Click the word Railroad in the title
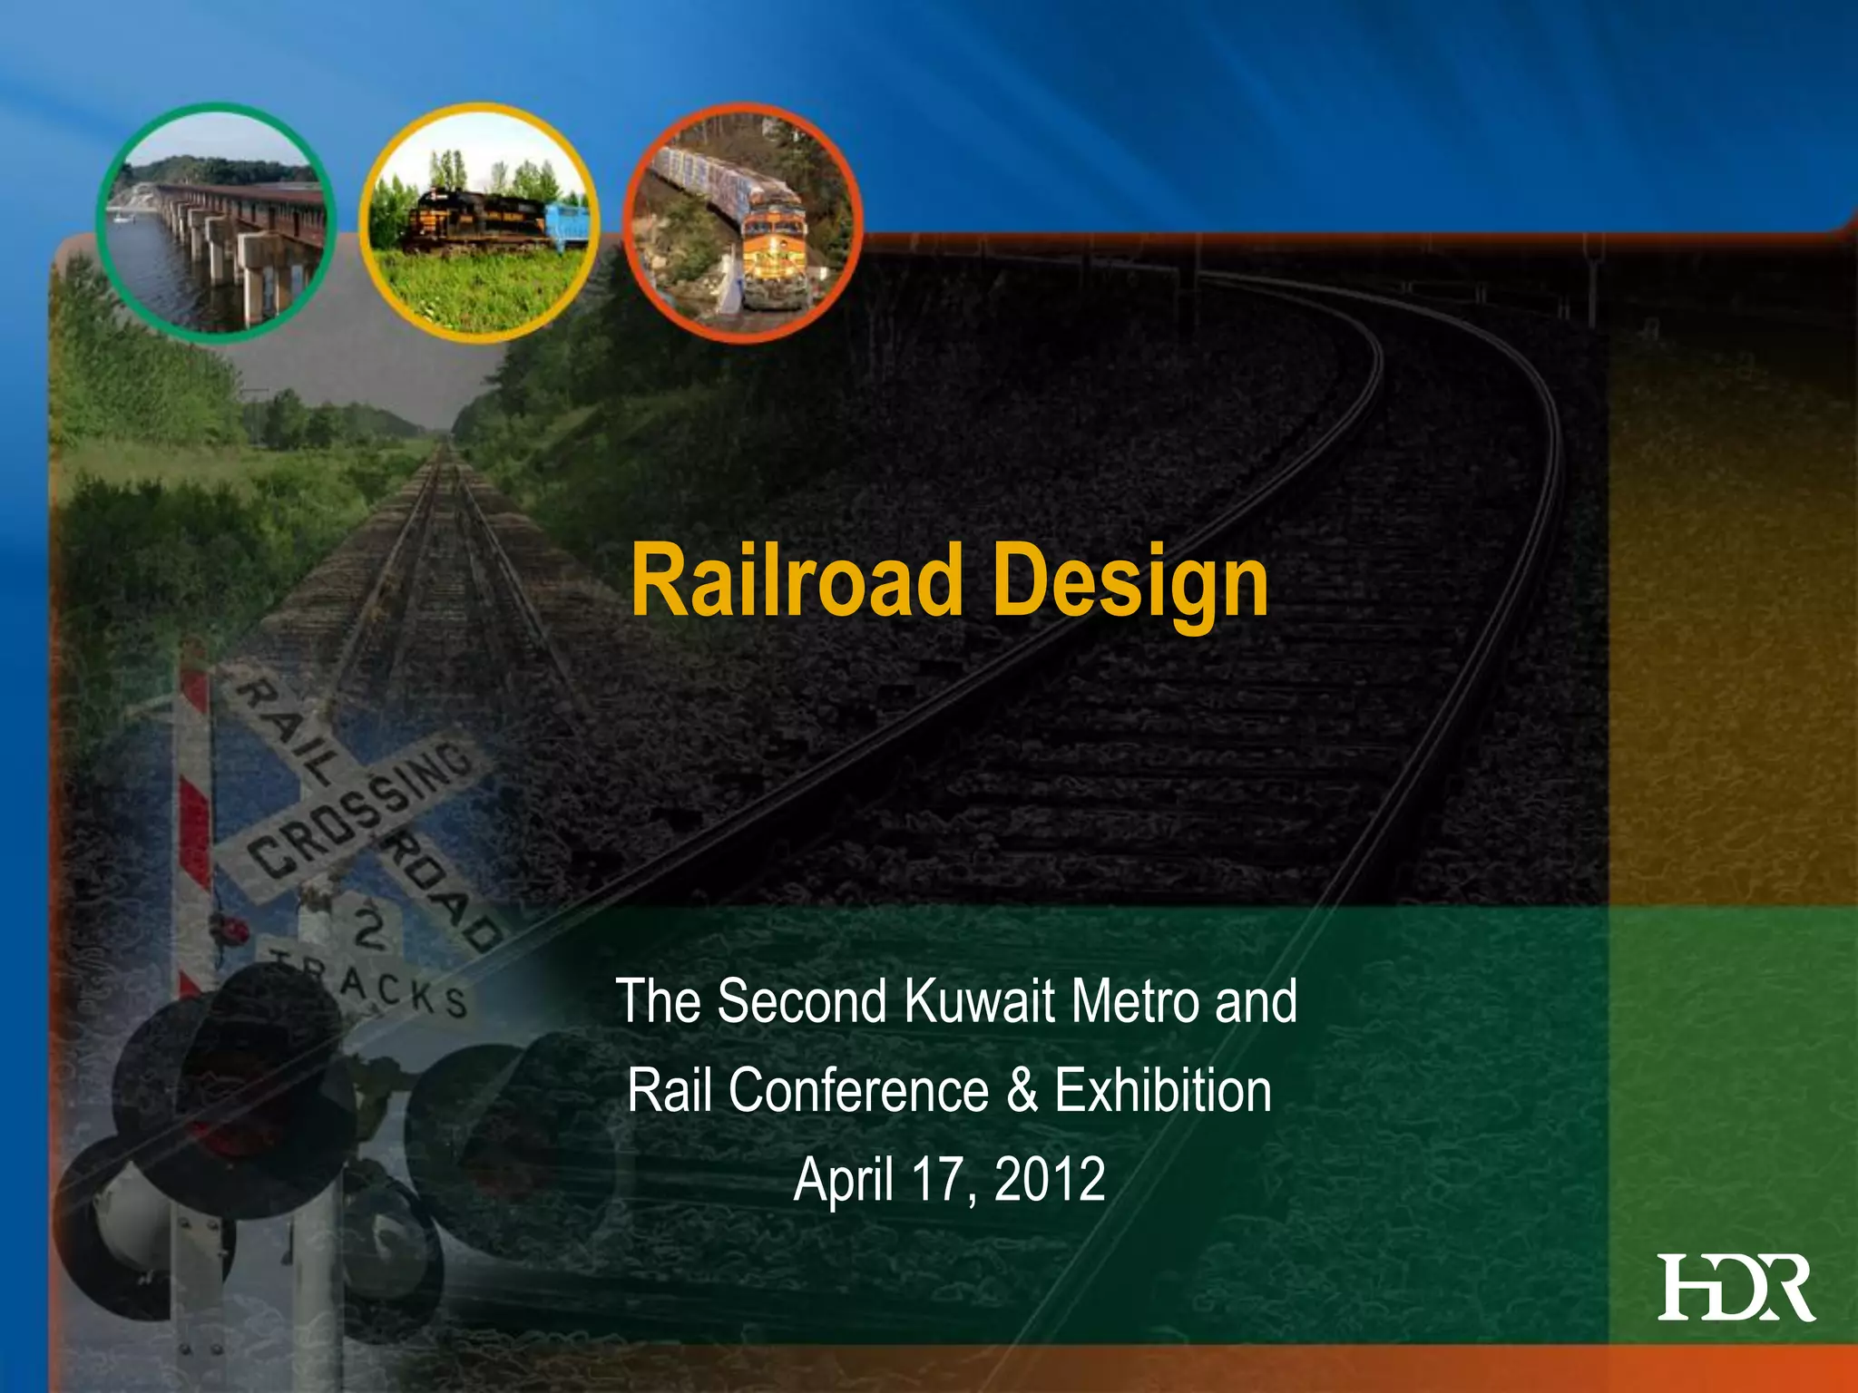click(796, 580)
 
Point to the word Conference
click(858, 1091)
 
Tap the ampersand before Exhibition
click(1022, 1091)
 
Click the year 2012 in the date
click(1050, 1180)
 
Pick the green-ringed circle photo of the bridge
click(216, 222)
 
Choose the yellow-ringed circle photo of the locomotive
click(479, 222)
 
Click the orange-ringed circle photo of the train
click(743, 222)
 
